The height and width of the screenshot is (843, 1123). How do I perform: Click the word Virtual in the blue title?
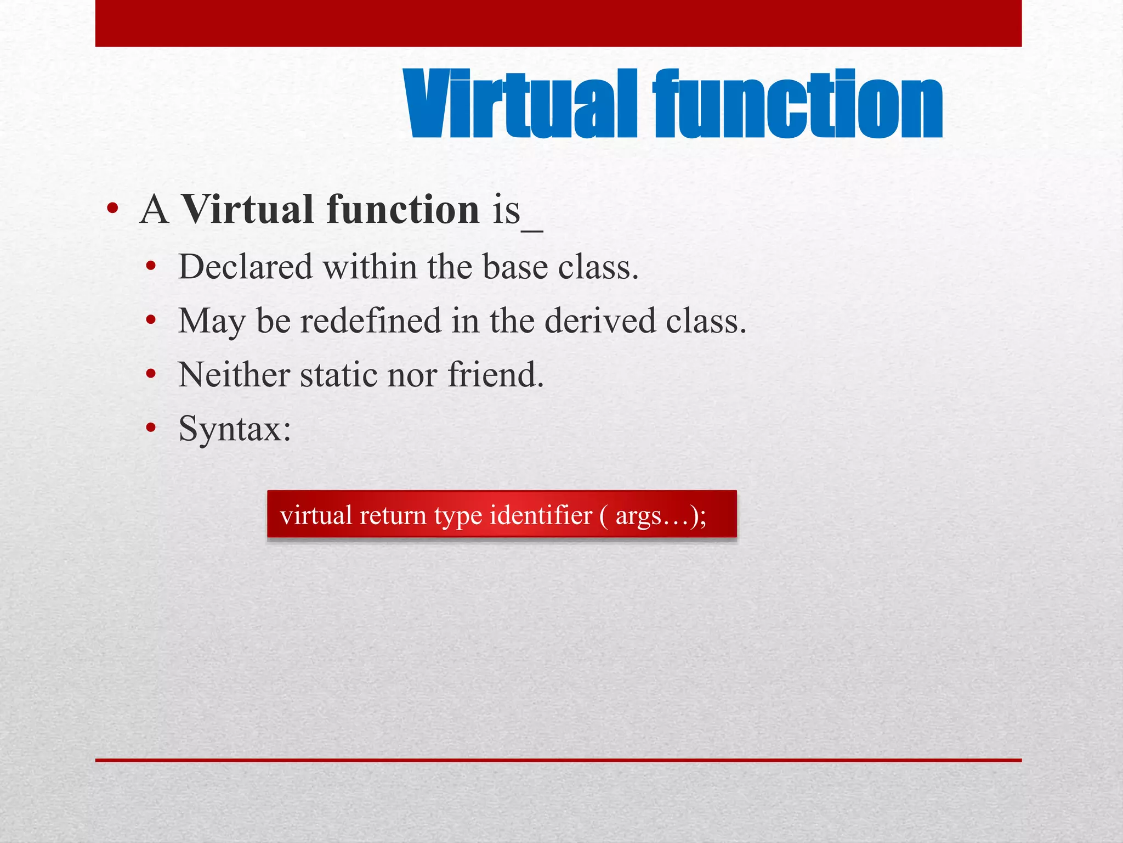pos(521,104)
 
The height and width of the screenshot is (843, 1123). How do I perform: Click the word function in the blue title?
pos(798,104)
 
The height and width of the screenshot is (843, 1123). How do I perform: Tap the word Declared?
pos(245,267)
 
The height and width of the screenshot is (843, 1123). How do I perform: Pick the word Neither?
pos(234,375)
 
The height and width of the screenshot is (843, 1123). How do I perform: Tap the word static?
pos(338,375)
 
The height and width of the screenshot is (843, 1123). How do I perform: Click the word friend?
pos(496,375)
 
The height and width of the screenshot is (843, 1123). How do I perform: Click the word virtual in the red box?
pos(316,515)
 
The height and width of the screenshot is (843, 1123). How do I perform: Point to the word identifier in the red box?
pos(541,515)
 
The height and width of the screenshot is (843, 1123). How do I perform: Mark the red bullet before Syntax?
pos(151,428)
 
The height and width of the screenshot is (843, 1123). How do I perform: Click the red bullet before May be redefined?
pos(151,321)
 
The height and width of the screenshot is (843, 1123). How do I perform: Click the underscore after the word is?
pos(532,231)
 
